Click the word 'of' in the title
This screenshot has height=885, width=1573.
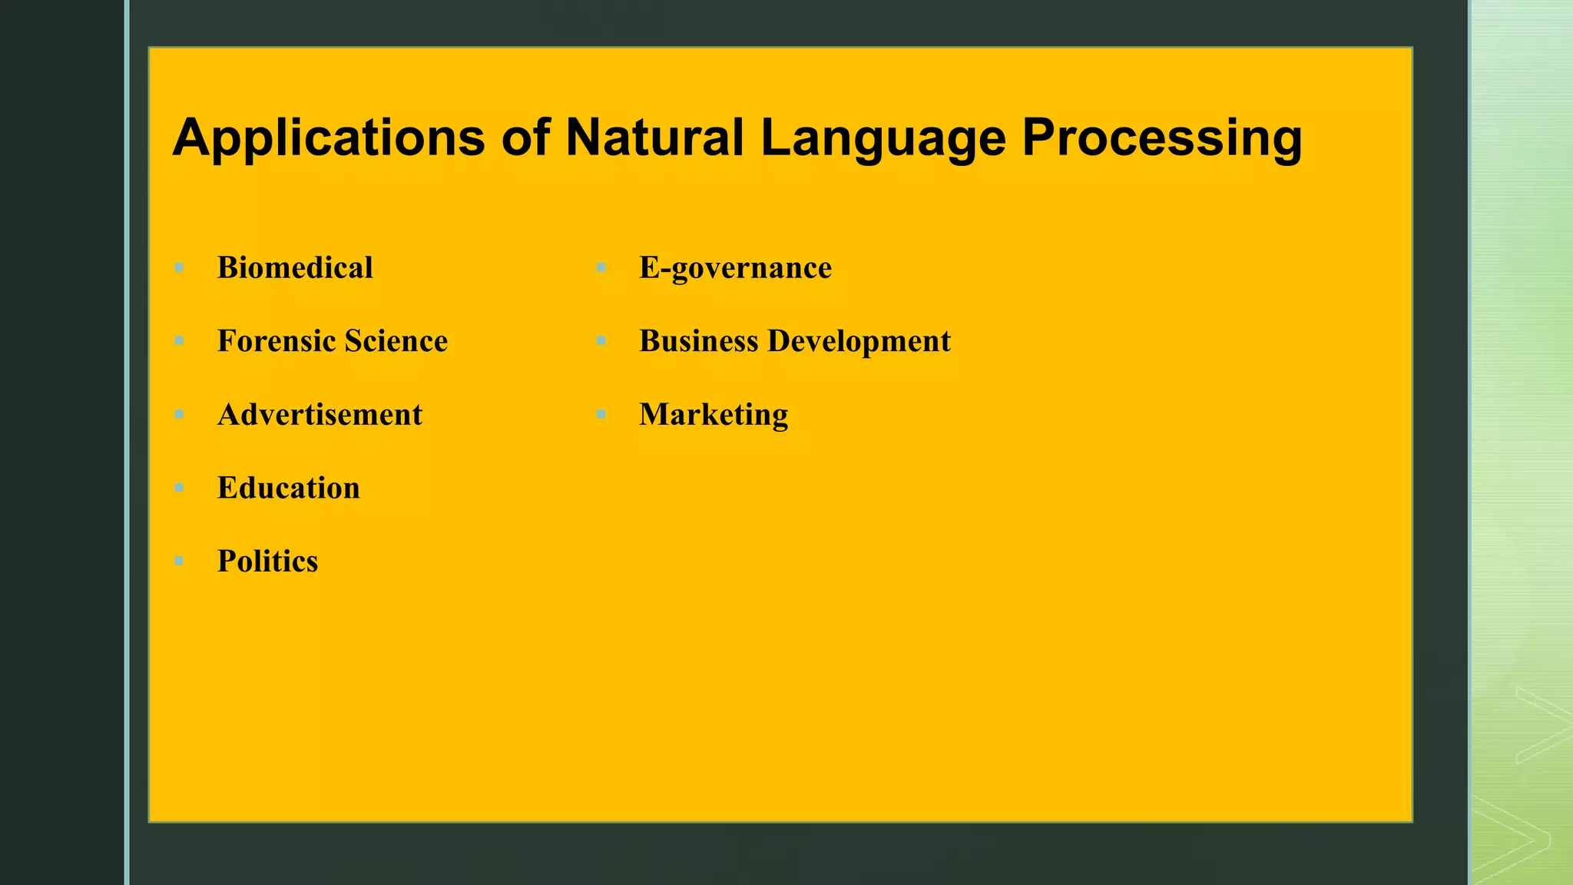(525, 138)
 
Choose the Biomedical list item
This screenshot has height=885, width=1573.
(295, 268)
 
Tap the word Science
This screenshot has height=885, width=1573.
(396, 341)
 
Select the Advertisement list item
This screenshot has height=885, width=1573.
(320, 415)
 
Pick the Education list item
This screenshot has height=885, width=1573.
(288, 488)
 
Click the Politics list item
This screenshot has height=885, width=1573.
(267, 562)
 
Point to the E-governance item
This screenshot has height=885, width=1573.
(735, 268)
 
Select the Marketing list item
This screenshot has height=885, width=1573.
(714, 415)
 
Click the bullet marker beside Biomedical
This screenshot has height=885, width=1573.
(179, 268)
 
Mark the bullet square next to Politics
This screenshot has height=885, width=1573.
(179, 562)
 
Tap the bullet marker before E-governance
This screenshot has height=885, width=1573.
(601, 268)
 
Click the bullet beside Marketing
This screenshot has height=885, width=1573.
(601, 415)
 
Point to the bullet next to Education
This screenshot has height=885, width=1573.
(179, 488)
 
